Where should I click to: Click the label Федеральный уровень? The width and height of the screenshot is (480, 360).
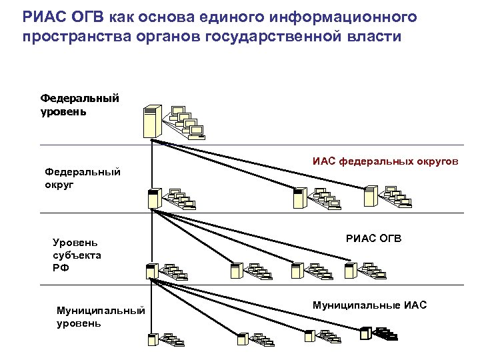[x=80, y=105]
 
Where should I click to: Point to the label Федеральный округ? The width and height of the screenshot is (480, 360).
[x=83, y=178]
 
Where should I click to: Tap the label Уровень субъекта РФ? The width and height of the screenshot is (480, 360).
[x=77, y=254]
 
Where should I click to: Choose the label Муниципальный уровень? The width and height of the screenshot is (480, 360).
[x=100, y=317]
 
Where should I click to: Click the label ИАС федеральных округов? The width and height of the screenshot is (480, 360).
[x=385, y=161]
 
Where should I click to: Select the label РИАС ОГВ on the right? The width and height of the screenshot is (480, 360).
[x=374, y=238]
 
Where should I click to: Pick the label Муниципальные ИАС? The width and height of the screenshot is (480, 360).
[x=369, y=305]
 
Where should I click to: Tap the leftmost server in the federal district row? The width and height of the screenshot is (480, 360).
[x=154, y=199]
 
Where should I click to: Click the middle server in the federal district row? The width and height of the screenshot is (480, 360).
[x=299, y=198]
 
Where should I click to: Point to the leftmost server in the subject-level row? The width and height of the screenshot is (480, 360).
[x=151, y=271]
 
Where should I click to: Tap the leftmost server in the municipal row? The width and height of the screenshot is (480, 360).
[x=153, y=339]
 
